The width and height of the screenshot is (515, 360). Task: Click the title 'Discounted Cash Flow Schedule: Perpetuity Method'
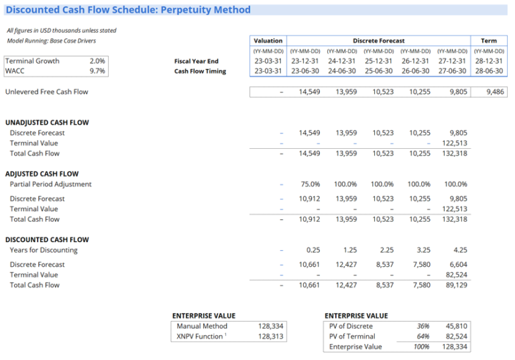[128, 10]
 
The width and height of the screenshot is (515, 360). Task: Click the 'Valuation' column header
[268, 41]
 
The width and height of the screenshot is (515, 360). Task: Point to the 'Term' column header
[489, 41]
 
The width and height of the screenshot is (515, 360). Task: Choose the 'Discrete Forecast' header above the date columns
[378, 41]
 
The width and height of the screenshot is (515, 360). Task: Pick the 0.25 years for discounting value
[312, 250]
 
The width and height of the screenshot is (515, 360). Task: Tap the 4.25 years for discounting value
[460, 250]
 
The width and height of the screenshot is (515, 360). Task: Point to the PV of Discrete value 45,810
[455, 326]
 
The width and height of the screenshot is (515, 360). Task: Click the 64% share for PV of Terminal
[422, 337]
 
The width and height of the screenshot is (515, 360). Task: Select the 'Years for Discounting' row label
[44, 250]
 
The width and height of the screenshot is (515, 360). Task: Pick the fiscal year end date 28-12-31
[489, 61]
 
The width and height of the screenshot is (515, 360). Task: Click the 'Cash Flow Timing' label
[200, 71]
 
